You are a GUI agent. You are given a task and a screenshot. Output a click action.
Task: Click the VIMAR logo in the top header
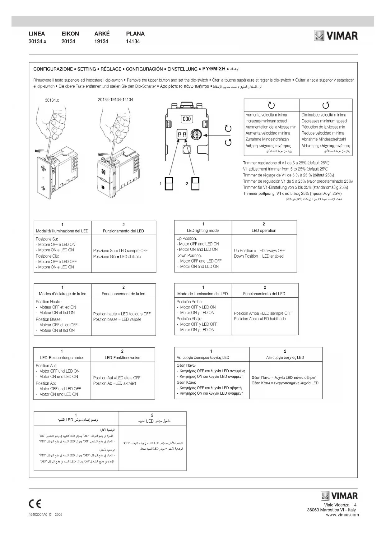pos(336,36)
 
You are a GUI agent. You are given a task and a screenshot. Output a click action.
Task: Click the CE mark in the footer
pos(35,504)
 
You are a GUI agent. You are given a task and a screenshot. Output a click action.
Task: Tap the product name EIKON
pos(70,34)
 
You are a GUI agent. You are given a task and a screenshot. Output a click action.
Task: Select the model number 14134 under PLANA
pos(133,42)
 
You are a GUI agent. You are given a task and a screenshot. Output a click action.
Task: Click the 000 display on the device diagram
pos(187,119)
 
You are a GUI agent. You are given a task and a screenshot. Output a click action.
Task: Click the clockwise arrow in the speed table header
pos(272,105)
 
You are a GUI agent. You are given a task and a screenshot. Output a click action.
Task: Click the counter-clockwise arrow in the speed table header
pos(326,105)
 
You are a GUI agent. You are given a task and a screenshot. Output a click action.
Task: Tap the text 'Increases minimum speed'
pos(266,121)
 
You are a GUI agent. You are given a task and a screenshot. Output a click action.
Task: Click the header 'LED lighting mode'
pos(203,231)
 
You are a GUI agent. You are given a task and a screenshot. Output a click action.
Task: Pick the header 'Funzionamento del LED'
pos(123,231)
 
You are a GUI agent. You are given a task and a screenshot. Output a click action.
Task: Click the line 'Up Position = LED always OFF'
pos(259,250)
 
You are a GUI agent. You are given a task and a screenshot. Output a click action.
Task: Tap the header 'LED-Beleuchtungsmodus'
pos(62,358)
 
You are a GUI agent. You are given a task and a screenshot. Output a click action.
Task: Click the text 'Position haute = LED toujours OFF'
pos(122,314)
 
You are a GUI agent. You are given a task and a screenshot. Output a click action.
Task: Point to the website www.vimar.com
pos(342,515)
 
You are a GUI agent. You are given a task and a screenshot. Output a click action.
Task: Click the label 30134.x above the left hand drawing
pos(52,100)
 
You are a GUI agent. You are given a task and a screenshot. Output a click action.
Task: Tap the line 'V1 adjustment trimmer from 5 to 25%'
pos(286,169)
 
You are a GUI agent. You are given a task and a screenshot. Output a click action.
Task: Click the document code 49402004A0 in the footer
pos(38,515)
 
